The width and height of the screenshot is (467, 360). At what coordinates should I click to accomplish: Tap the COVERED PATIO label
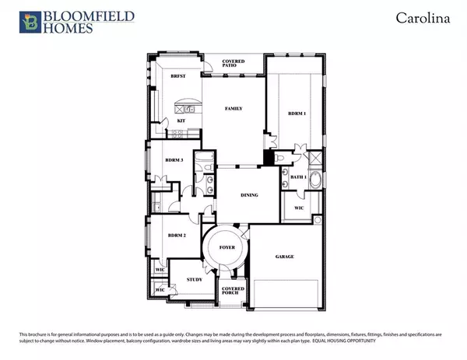coord(233,63)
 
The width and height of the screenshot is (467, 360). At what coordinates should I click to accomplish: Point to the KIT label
coord(181,121)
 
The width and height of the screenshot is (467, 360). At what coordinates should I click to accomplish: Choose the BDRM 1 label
coord(297,114)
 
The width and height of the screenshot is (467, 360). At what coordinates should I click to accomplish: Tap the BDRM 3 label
coord(174,159)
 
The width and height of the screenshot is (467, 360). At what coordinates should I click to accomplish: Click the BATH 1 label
coord(298,177)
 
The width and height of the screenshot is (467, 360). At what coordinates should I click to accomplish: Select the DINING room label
coord(249,195)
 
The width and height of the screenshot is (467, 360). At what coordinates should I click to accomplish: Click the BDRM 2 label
coord(176,234)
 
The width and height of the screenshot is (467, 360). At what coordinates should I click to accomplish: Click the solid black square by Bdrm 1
coord(269,159)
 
